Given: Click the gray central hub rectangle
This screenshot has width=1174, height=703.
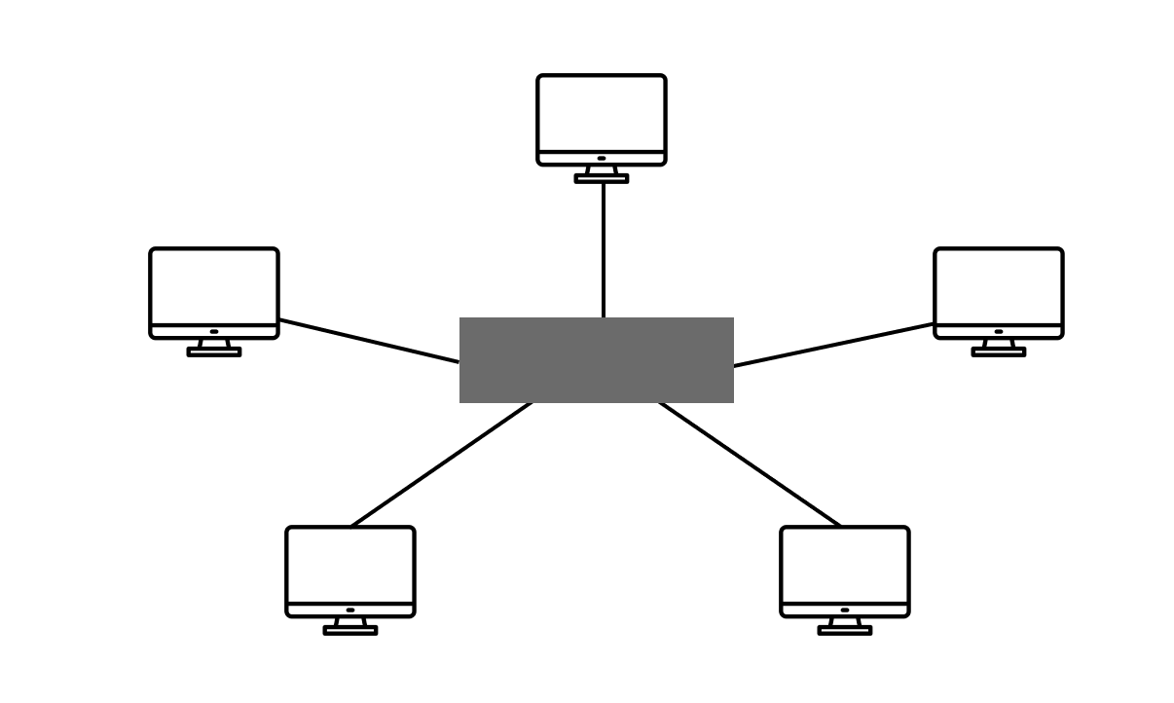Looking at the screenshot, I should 596,359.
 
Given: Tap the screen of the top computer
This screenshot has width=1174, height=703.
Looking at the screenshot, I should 602,113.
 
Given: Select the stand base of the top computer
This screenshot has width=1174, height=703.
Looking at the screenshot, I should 602,178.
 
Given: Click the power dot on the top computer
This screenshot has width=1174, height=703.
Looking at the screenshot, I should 602,158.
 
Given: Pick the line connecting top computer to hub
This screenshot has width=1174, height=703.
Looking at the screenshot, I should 604,249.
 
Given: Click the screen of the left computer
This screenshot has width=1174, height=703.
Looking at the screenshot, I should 214,286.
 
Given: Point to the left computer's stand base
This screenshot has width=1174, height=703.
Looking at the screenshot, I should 214,351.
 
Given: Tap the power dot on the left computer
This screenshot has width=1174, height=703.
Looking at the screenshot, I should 214,331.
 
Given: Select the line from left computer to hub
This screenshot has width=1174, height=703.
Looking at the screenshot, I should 369,341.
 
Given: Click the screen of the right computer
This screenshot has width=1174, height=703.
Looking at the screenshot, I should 999,286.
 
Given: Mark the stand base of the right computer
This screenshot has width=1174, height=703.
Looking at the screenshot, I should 999,351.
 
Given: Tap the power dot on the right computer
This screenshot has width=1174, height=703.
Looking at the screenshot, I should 999,331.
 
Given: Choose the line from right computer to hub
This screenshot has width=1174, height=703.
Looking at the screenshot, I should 833,345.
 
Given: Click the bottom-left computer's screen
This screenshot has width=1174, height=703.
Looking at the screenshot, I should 350,565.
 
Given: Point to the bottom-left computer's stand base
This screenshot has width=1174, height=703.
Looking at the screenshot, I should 350,630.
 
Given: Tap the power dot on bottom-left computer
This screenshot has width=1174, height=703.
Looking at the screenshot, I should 350,610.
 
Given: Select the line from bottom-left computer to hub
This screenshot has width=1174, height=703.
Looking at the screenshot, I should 442,464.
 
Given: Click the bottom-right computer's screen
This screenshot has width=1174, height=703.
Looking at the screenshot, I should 845,565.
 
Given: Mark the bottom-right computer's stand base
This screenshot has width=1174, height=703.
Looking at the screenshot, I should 845,630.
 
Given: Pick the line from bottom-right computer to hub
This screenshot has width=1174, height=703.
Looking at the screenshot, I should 750,464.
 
